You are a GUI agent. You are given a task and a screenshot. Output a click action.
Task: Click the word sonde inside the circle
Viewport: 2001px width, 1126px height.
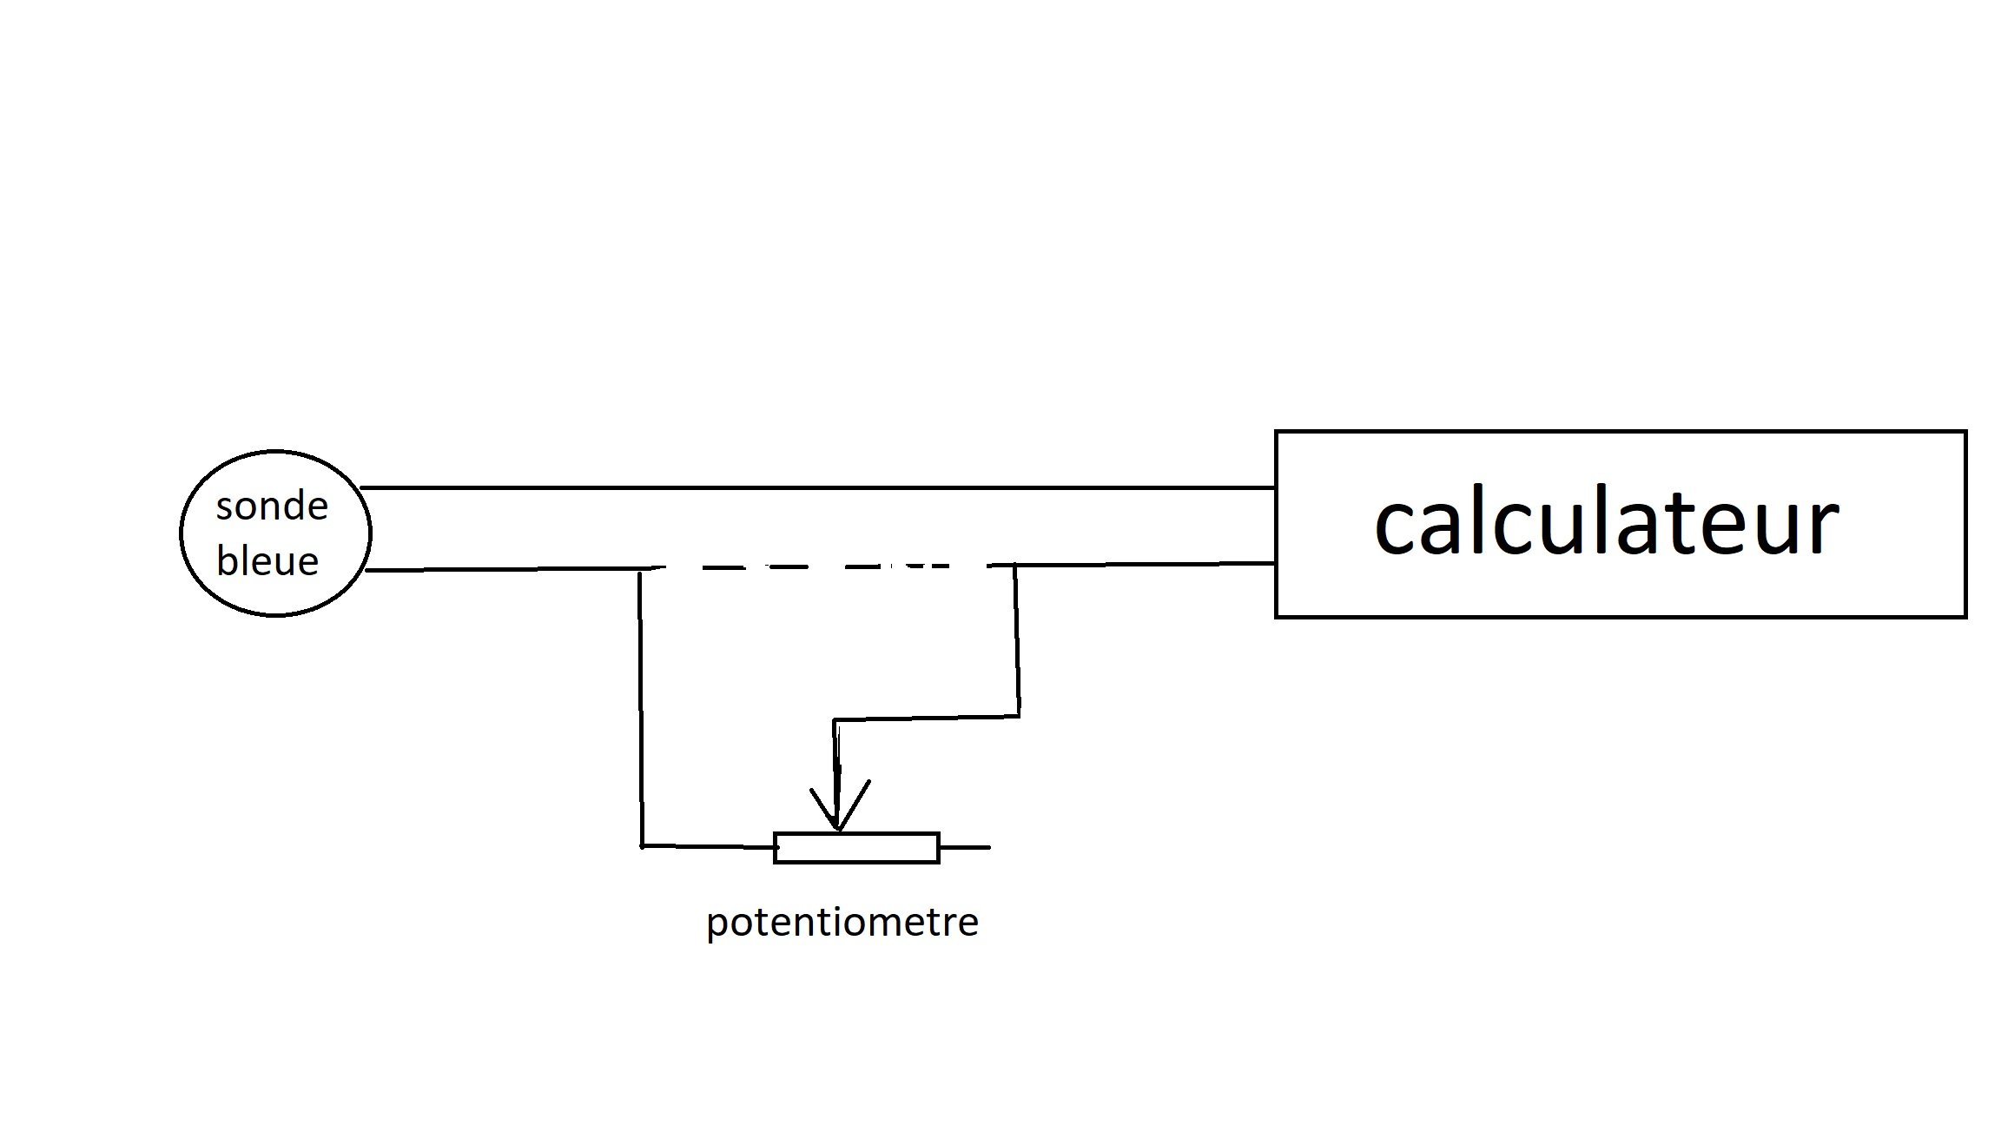[x=272, y=506]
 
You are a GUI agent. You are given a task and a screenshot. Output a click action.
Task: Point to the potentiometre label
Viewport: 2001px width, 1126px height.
[x=842, y=922]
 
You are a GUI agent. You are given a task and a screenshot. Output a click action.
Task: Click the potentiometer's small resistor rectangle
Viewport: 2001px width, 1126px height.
[x=856, y=848]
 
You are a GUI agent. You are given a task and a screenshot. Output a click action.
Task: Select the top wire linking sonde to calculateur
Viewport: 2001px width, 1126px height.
[x=817, y=488]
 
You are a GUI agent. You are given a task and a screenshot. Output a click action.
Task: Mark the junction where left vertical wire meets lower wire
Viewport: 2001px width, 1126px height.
[x=640, y=569]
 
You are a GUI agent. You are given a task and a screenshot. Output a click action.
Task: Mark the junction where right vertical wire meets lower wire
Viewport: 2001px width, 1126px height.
[x=1015, y=566]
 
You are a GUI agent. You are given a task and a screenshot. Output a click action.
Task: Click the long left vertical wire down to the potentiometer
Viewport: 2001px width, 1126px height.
[x=641, y=707]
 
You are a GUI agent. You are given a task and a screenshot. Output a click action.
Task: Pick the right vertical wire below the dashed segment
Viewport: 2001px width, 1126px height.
[x=1017, y=641]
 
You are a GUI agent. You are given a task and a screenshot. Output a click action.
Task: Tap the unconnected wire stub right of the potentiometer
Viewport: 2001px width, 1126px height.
[x=965, y=847]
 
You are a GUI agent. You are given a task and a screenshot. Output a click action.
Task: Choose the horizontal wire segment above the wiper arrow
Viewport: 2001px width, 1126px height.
[x=927, y=719]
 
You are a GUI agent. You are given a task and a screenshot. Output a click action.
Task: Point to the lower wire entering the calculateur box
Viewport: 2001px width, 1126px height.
[x=1146, y=565]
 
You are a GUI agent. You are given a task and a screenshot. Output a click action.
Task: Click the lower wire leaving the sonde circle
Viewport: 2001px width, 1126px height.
[x=503, y=570]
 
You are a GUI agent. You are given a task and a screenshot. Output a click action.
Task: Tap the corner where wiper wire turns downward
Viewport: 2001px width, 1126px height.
[x=835, y=720]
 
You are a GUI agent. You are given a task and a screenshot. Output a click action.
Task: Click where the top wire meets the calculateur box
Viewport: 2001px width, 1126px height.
[x=1275, y=488]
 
